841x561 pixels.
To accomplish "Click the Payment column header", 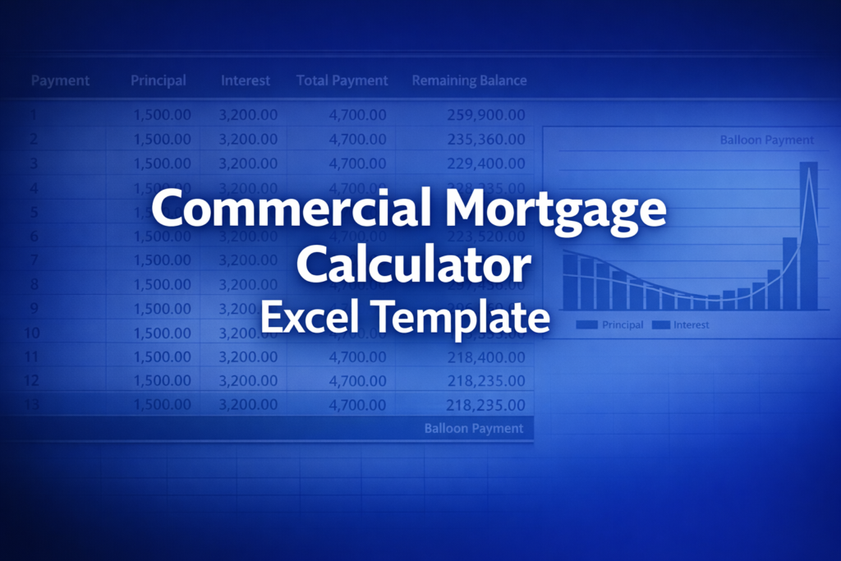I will tap(60, 80).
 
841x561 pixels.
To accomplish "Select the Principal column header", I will tap(159, 80).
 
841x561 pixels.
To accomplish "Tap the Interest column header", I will tap(246, 80).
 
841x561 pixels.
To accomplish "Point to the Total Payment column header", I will tap(342, 80).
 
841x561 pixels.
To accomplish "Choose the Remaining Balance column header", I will tap(469, 80).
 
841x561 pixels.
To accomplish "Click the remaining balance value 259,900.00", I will tap(486, 115).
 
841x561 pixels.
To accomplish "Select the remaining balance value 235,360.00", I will tap(486, 140).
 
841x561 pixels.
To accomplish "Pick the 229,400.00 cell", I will tap(486, 164).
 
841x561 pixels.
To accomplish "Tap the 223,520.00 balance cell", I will tap(486, 237).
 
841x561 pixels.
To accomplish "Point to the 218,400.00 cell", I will tap(486, 357).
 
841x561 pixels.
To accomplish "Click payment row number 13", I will tap(33, 405).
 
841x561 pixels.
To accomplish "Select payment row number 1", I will tap(34, 115).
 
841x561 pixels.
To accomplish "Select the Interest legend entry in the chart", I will tap(681, 324).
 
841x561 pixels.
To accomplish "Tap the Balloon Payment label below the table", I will tap(473, 428).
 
